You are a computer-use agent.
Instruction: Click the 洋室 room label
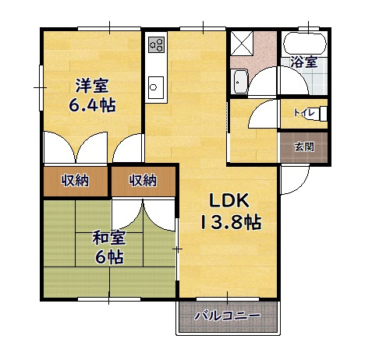(91, 86)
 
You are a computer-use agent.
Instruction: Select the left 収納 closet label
(75, 181)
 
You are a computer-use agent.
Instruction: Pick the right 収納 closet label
(143, 181)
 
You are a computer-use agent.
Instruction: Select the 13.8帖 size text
(229, 222)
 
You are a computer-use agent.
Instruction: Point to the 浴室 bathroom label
(303, 62)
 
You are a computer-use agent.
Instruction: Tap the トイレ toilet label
(303, 113)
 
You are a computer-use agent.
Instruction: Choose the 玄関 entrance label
(304, 146)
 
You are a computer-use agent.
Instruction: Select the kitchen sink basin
(153, 84)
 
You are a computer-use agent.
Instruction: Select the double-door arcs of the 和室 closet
(144, 214)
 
